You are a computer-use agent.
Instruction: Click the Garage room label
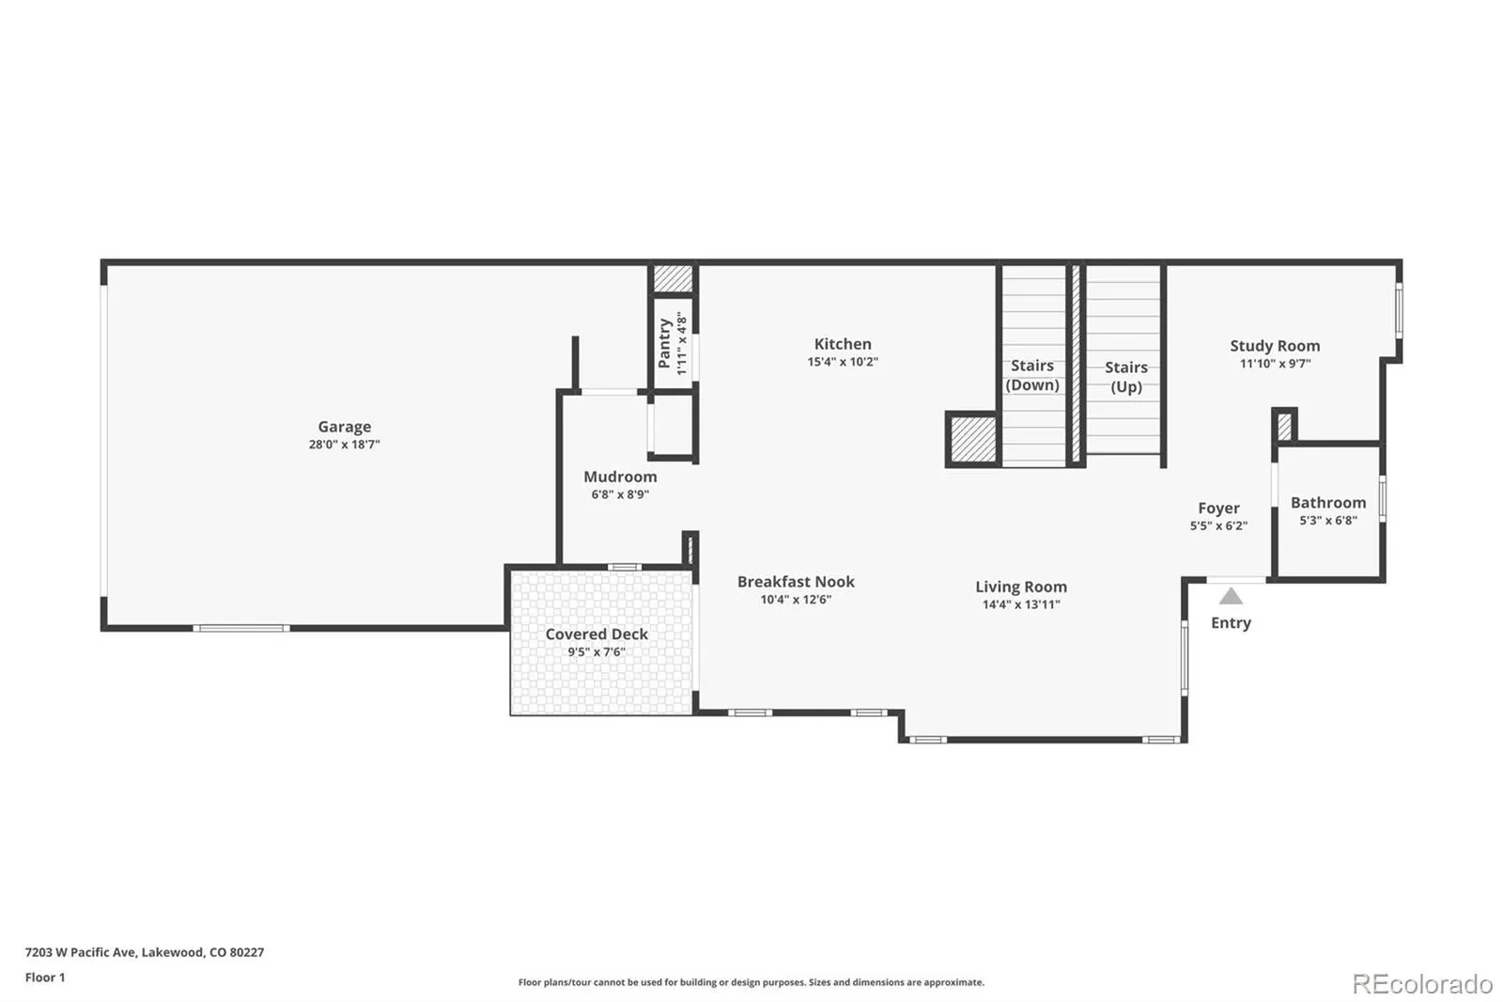[344, 427]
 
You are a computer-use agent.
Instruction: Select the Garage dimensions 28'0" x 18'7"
[344, 445]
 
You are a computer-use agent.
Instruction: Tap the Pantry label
[665, 343]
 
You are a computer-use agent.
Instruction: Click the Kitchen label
[843, 344]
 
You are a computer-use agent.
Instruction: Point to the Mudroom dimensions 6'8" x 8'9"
[620, 494]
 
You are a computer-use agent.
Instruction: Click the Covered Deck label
[597, 634]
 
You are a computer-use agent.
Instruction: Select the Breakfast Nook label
[796, 582]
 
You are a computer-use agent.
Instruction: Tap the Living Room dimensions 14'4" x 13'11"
[1021, 604]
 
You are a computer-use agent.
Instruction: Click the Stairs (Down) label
[1032, 375]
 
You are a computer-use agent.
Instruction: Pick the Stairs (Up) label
[1125, 377]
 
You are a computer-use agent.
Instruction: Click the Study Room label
[1275, 346]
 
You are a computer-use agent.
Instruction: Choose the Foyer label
[1218, 509]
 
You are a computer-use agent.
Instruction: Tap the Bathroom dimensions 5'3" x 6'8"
[1328, 521]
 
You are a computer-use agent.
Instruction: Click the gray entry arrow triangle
[1231, 597]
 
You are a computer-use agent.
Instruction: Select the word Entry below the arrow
[1231, 623]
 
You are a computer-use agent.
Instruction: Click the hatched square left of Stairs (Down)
[972, 439]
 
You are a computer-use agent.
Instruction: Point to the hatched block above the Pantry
[673, 278]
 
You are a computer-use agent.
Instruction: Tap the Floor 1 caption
[45, 978]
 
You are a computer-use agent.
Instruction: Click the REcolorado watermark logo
[1422, 984]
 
